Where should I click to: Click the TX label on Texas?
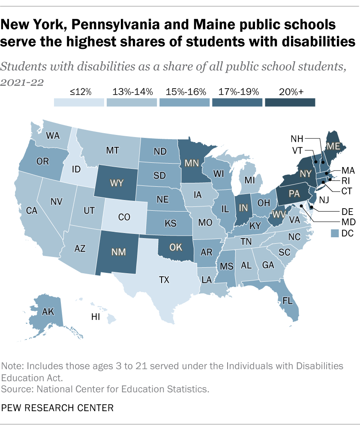pyautogui.click(x=164, y=280)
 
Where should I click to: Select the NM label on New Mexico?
pyautogui.click(x=118, y=252)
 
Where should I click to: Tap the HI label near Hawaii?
pyautogui.click(x=96, y=317)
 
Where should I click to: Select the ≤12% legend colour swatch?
pyautogui.click(x=79, y=102)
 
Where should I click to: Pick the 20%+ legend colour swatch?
pyautogui.click(x=290, y=102)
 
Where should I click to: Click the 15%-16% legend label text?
pyautogui.click(x=185, y=91)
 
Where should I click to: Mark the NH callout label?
pyautogui.click(x=297, y=139)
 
